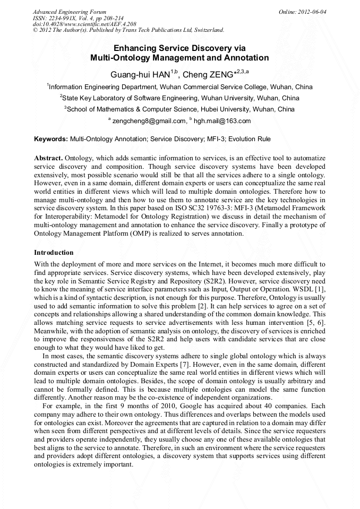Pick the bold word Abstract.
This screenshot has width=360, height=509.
click(48, 159)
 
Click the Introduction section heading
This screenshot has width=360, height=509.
click(54, 252)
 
